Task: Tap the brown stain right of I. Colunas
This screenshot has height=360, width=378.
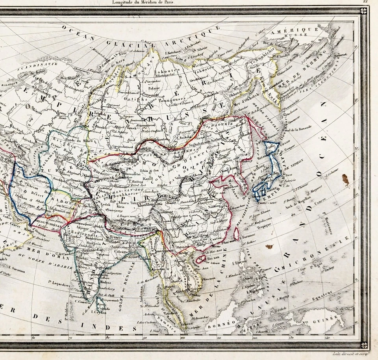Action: [x=345, y=180]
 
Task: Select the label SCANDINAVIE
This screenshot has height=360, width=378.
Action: [x=39, y=64]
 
